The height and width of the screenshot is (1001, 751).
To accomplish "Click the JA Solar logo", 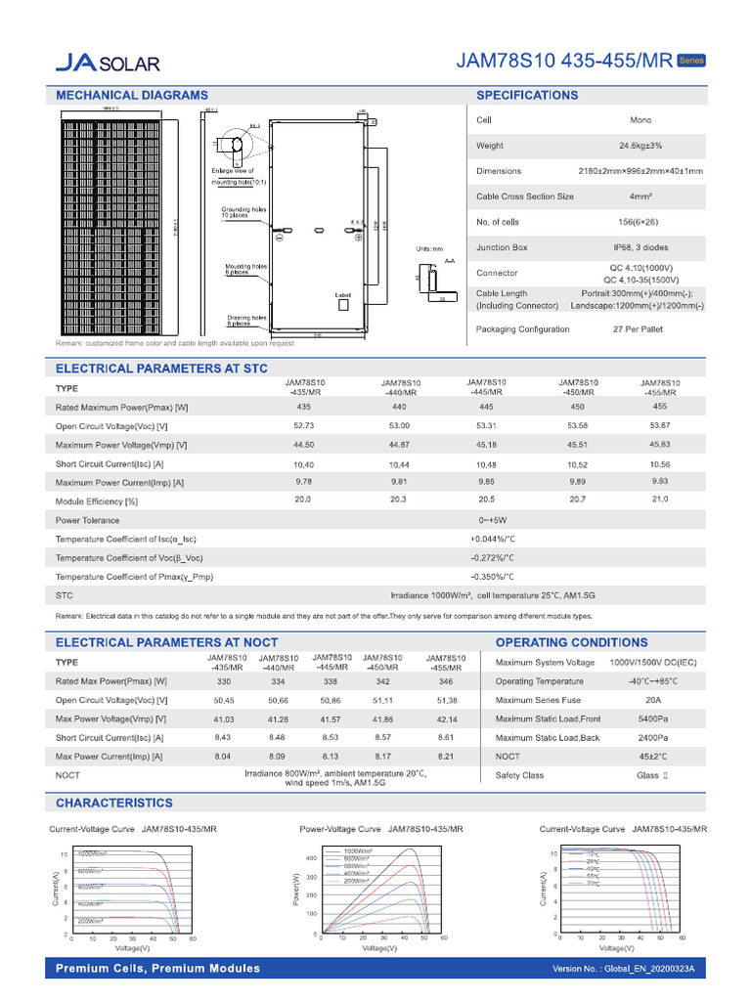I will (x=107, y=64).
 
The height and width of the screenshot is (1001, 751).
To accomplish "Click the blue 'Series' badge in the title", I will (x=691, y=61).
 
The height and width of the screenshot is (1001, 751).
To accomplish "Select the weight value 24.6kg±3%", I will (x=641, y=146).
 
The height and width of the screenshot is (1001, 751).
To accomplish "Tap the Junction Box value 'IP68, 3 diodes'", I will (x=641, y=247).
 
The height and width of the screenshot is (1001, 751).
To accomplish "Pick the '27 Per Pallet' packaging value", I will (x=638, y=329).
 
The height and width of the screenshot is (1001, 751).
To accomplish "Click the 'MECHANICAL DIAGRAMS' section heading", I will (x=132, y=95).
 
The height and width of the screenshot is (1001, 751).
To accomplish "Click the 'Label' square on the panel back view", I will (x=343, y=305).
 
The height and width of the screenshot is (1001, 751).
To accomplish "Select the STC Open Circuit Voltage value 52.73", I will (x=304, y=426).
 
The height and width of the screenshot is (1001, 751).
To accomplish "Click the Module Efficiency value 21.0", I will (x=660, y=500).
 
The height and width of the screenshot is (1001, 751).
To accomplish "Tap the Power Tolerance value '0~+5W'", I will (x=492, y=520).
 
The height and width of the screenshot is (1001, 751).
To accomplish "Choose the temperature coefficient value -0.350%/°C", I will (x=492, y=577).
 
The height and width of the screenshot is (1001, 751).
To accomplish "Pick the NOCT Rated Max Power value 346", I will (x=447, y=680).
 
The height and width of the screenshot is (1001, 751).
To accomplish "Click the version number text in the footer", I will (x=623, y=969).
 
